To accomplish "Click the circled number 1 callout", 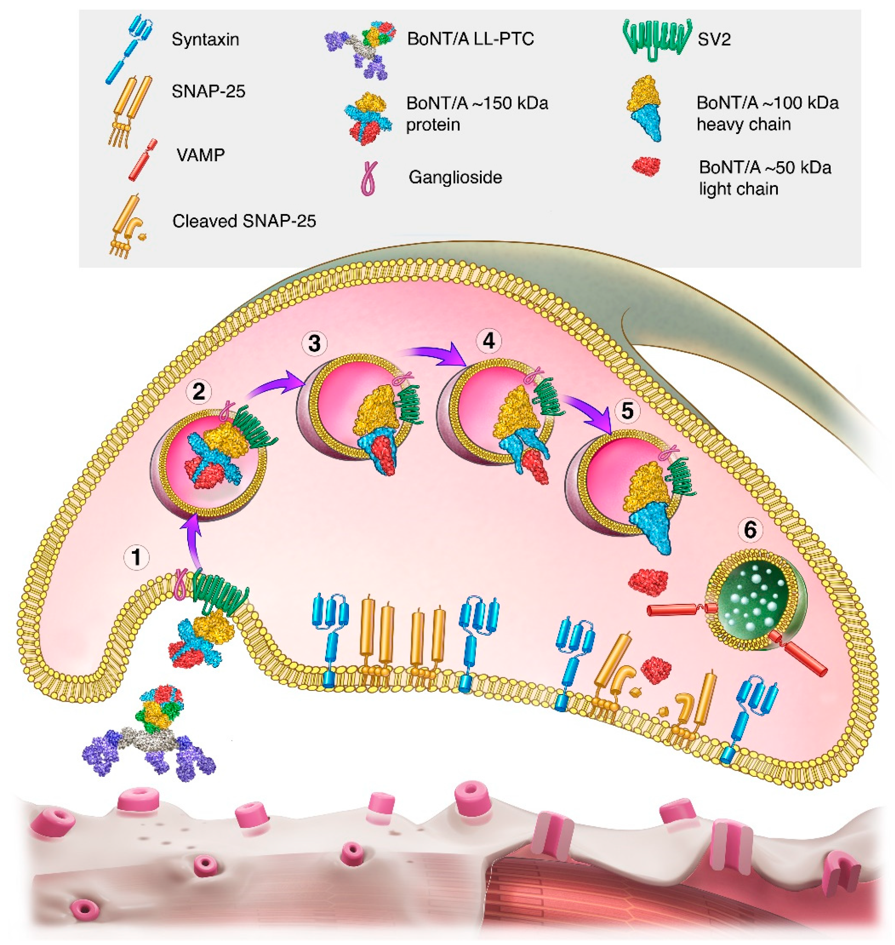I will click(137, 557).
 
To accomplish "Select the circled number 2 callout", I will click(199, 392).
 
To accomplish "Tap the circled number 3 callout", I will click(314, 344).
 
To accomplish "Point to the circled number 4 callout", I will click(489, 341).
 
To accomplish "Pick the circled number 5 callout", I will click(627, 411).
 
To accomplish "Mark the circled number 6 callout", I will click(751, 530).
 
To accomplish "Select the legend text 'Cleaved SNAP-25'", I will click(244, 221).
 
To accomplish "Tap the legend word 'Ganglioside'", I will click(455, 177).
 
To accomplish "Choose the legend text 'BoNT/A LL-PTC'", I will click(470, 38).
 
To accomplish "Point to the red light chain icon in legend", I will click(646, 167).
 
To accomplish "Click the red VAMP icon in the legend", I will click(143, 160).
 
